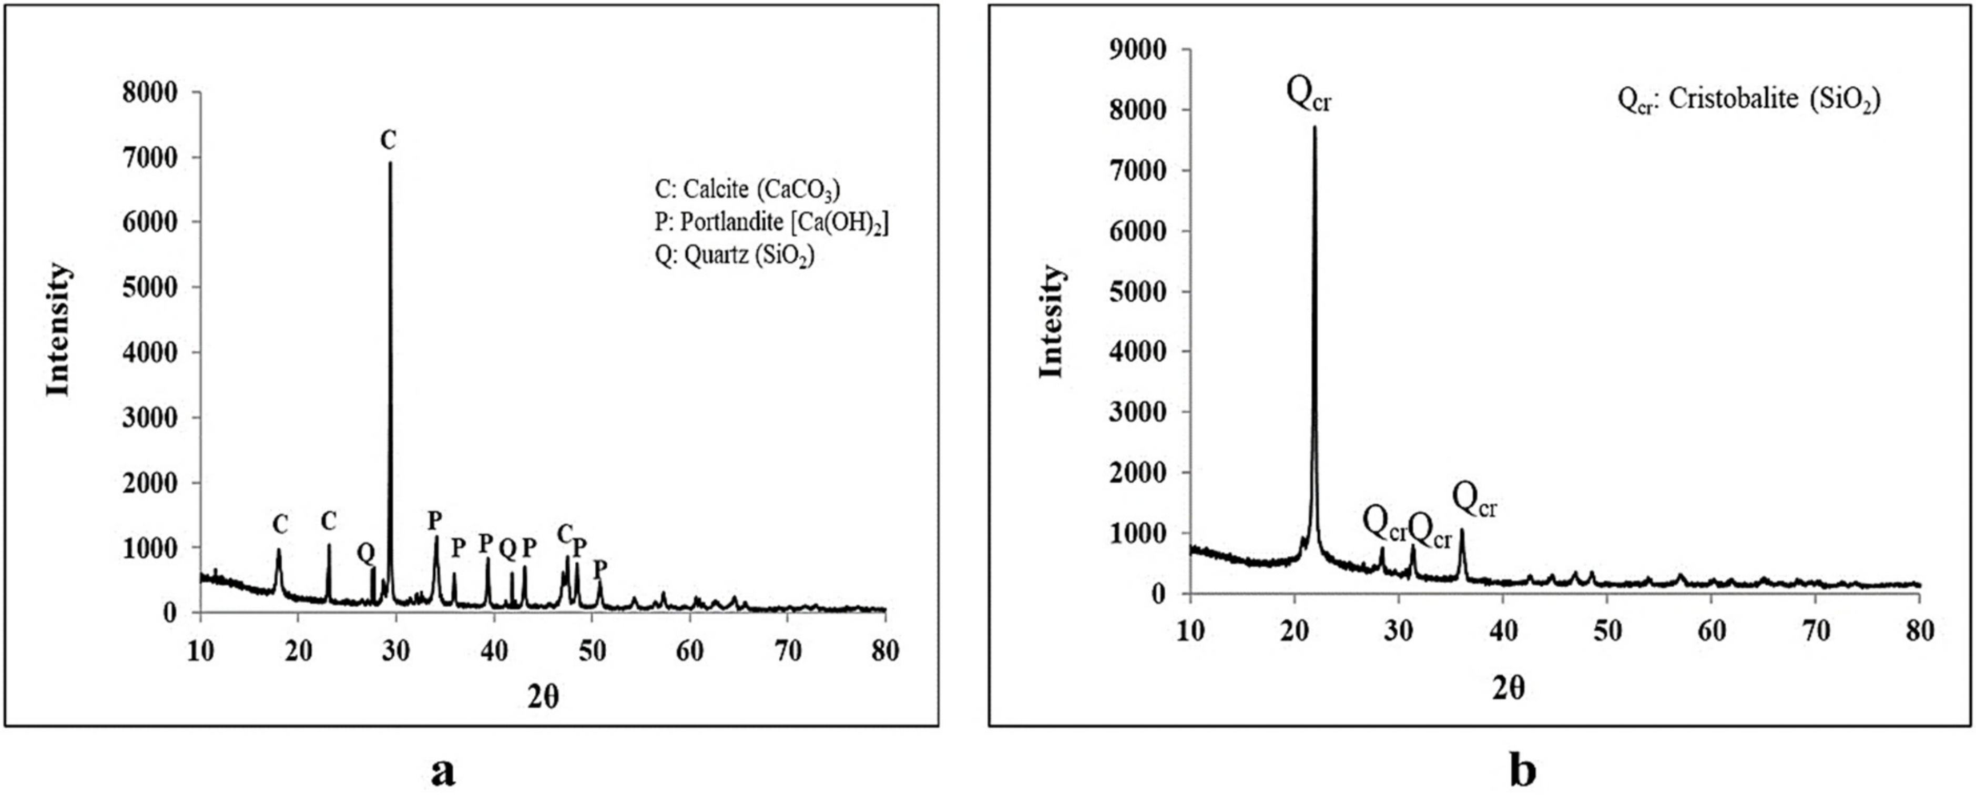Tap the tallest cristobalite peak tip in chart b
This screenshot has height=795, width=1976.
[x=1314, y=127]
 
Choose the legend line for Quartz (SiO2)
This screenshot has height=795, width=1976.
[x=734, y=256]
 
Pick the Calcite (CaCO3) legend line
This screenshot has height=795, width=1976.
[x=747, y=189]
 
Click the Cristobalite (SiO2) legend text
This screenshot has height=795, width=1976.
[x=1749, y=100]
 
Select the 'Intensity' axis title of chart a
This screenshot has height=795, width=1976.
[x=59, y=330]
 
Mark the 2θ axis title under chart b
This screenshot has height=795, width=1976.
[x=1508, y=689]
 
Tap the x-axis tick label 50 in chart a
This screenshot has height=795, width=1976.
[x=592, y=651]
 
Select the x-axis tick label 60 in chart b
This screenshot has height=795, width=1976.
[x=1712, y=631]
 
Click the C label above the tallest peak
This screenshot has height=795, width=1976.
[x=389, y=140]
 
